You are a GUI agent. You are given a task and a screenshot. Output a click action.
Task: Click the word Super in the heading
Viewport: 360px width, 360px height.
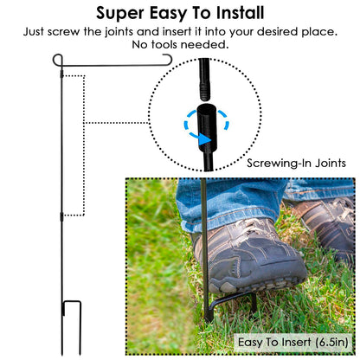point(120,13)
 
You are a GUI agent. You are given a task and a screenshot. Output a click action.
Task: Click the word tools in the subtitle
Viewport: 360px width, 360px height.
point(164,44)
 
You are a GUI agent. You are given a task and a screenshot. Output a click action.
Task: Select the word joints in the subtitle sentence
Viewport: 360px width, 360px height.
point(119,32)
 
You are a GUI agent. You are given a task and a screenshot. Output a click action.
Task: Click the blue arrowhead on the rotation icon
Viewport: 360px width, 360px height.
point(204,140)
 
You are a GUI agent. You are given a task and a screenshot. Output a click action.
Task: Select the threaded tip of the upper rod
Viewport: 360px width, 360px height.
point(204,92)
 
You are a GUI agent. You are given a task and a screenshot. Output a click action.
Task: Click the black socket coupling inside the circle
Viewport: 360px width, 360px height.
point(207,127)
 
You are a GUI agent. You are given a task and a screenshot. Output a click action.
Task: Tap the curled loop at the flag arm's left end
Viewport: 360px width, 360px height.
point(57,60)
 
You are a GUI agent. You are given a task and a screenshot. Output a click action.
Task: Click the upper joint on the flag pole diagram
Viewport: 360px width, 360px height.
point(61,74)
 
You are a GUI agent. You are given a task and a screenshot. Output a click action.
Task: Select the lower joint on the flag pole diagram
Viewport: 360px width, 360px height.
point(61,216)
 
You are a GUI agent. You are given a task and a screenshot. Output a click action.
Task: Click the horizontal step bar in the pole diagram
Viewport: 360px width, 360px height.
point(72,302)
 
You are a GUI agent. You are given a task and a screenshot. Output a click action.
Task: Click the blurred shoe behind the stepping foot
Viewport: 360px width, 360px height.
point(326,225)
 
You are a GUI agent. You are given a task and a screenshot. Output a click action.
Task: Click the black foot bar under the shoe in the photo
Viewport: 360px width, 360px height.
point(232,301)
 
